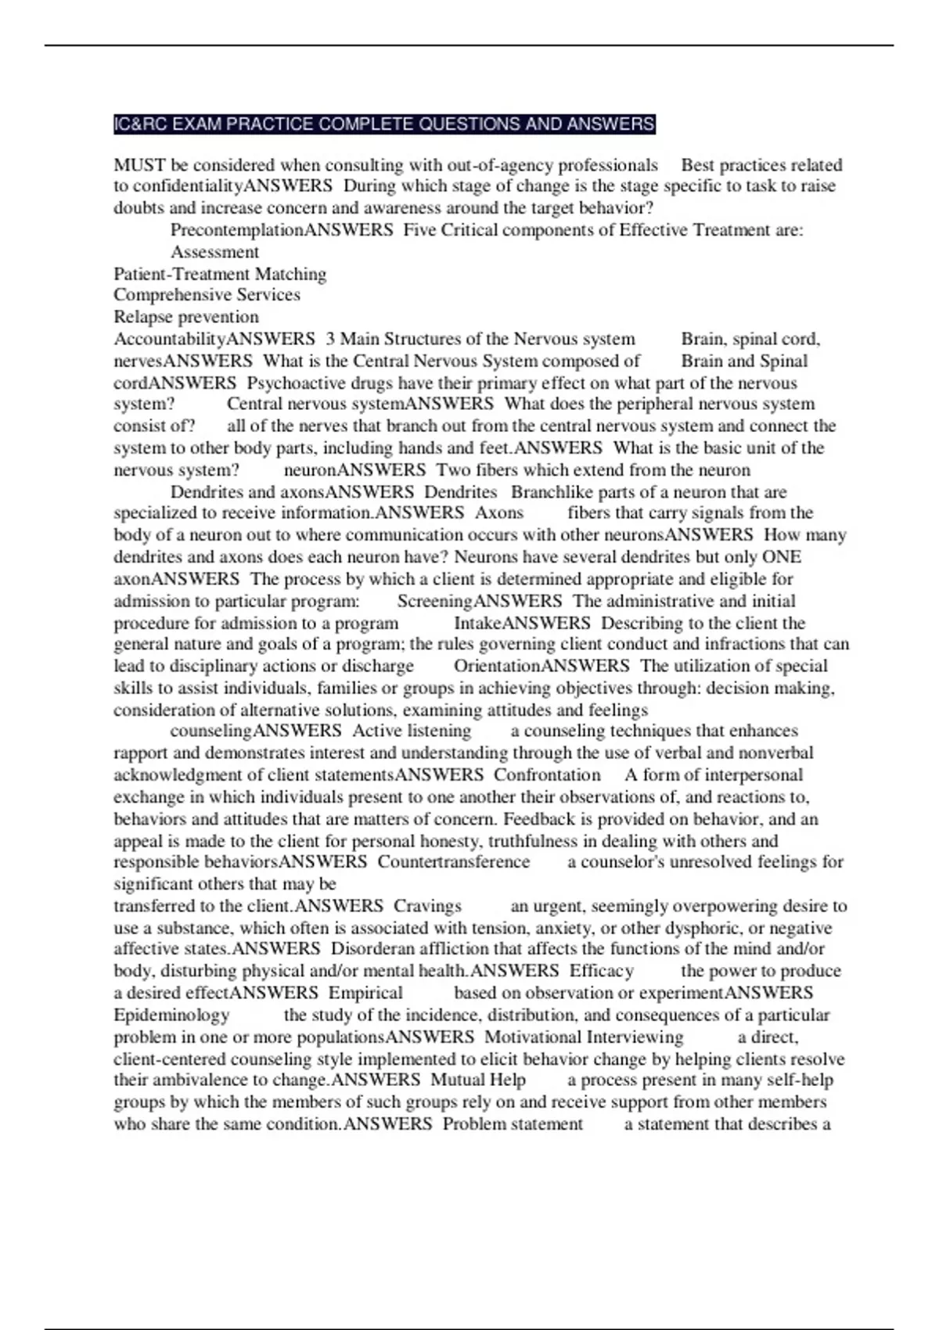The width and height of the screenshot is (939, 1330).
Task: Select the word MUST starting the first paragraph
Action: pyautogui.click(x=139, y=165)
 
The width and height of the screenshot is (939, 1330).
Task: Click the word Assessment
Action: pyautogui.click(x=214, y=252)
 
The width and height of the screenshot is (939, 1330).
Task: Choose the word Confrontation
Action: pyautogui.click(x=547, y=775)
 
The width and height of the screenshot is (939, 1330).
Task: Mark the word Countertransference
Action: pyautogui.click(x=454, y=862)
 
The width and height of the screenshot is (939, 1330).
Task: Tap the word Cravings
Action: pyautogui.click(x=427, y=906)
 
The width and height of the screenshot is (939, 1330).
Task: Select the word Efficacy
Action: pyautogui.click(x=601, y=971)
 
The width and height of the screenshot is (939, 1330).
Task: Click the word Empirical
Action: pyautogui.click(x=365, y=993)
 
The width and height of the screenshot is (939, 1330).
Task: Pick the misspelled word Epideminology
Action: pyautogui.click(x=171, y=1015)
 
